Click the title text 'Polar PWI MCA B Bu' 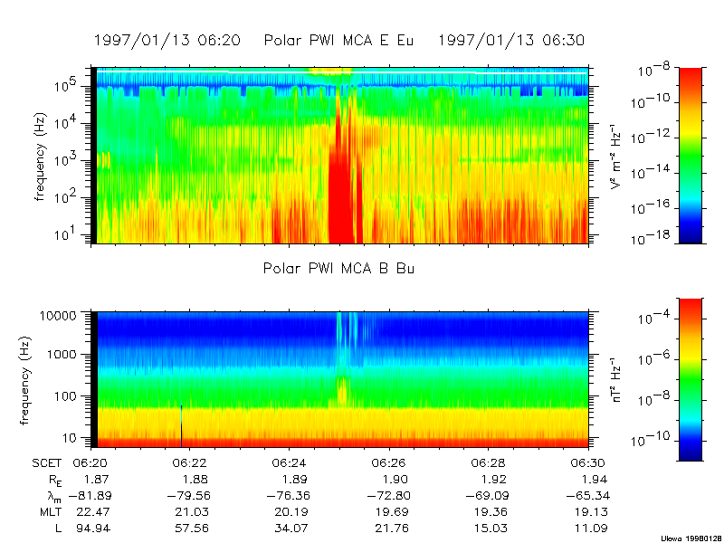pyautogui.click(x=339, y=269)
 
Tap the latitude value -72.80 pyautogui.click(x=386, y=495)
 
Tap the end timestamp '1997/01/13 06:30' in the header pyautogui.click(x=511, y=41)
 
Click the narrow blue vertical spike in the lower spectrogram pyautogui.click(x=181, y=425)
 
